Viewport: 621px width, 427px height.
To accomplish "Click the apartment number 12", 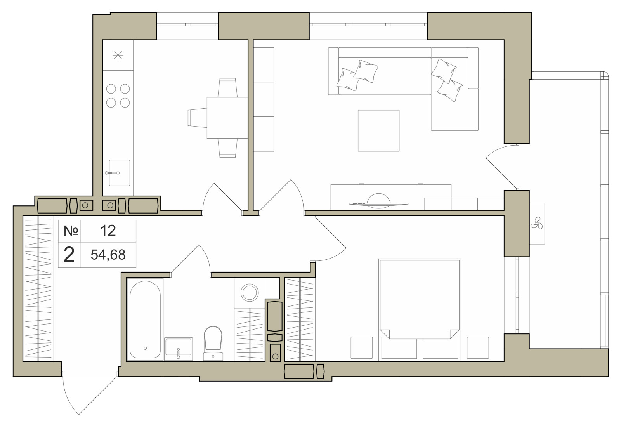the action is pos(108,231).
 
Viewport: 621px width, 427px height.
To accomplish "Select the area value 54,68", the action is pos(108,255).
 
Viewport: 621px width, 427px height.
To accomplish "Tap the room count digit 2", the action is pos(69,255).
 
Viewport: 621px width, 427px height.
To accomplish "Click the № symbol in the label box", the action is pos(71,231).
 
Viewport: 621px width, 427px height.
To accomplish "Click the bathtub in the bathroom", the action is pos(145,319).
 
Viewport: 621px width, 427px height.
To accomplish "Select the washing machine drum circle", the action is pos(250,293).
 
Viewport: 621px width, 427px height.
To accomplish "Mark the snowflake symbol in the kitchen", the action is pos(118,56).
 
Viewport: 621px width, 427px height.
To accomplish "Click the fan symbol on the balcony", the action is pos(537,223).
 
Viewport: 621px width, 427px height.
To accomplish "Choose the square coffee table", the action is pos(378,130).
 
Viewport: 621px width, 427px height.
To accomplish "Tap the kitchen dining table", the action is pos(227,118).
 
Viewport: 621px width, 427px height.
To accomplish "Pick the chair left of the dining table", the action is pos(198,118).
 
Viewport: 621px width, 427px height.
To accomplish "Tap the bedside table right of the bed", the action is pos(478,348).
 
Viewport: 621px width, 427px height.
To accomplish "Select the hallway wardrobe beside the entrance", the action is pos(38,289).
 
